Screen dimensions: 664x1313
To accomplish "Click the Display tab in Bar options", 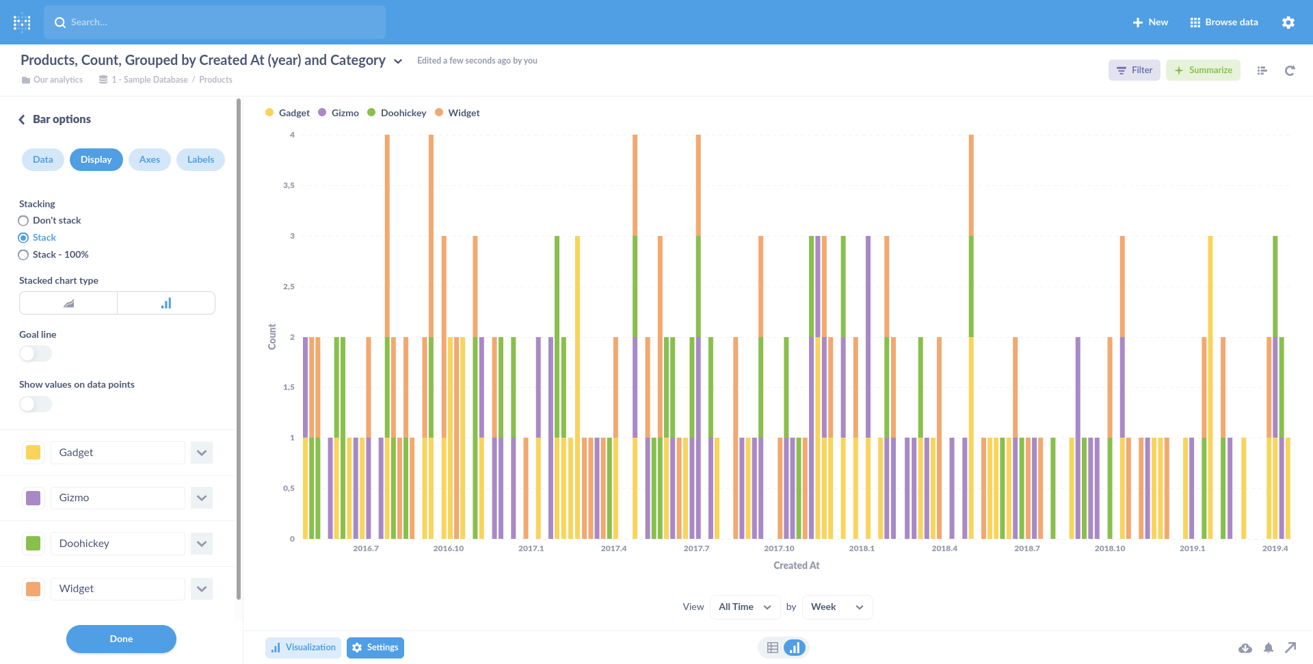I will [96, 159].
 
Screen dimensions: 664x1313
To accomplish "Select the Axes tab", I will [149, 159].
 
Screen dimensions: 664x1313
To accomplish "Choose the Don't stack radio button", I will [23, 221].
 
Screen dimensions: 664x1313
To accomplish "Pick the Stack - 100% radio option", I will [23, 255].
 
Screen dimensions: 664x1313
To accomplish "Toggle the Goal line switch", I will [36, 354].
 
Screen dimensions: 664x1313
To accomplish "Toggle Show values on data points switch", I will [36, 404].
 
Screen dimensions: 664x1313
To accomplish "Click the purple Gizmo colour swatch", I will [33, 498].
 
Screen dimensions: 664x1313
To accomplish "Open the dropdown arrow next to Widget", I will [202, 589].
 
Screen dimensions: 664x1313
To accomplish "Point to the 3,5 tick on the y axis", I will [289, 185].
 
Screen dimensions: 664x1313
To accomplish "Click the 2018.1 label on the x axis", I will [862, 548].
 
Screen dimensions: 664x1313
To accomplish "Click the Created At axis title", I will [796, 566].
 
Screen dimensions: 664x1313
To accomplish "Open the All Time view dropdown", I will [745, 607].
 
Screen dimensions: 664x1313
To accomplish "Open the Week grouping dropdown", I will [837, 607].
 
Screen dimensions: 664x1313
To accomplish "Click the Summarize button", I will [1203, 70].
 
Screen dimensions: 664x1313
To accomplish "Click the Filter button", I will [1134, 70].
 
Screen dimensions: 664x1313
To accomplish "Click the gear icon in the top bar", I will [1288, 23].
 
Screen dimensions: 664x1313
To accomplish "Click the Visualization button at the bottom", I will [303, 648].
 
